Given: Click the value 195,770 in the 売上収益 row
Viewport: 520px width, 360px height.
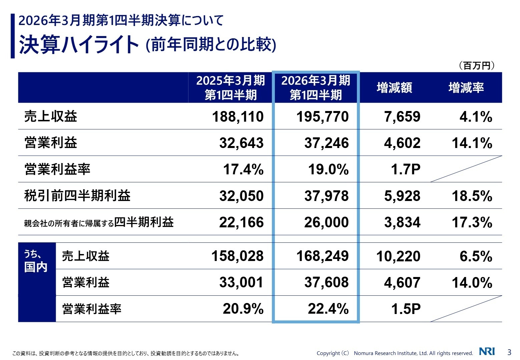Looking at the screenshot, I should [322, 117].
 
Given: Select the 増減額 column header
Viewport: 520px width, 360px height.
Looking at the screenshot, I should [394, 88].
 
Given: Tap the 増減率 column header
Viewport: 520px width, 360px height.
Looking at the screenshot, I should [466, 88].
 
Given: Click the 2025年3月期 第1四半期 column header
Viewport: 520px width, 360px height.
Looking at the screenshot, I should [230, 88].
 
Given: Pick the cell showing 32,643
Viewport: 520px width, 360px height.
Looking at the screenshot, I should [241, 143].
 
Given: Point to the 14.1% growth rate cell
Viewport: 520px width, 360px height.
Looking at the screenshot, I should [472, 143].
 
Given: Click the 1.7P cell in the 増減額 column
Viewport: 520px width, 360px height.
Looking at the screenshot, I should [405, 169].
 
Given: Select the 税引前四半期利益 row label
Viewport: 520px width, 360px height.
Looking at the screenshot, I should [77, 196].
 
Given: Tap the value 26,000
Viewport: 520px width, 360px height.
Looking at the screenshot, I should [326, 222].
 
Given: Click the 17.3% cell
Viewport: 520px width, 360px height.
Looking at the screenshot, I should [472, 222].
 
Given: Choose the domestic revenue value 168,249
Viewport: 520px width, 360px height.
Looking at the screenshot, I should [322, 256].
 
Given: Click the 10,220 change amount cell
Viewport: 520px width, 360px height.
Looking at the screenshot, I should [398, 256].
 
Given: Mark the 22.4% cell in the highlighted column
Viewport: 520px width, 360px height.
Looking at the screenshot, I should [328, 309].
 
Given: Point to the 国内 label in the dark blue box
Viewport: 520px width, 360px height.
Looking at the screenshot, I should [36, 267].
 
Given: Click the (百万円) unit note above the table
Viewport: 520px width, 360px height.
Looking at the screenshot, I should [476, 65].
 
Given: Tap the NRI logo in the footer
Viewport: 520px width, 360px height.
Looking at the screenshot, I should [487, 352].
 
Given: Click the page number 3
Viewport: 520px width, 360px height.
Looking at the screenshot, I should [509, 352].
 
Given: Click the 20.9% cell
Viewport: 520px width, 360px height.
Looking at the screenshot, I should [243, 309].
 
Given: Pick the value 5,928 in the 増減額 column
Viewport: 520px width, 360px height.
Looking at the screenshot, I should [402, 196].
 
